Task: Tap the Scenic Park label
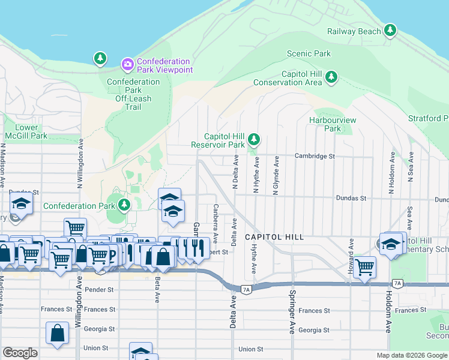309,54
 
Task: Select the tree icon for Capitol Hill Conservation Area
331,77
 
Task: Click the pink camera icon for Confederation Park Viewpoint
127,64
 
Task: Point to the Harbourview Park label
333,124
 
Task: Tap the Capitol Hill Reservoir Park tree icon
254,140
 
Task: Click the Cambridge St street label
315,156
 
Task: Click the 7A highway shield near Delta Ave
246,289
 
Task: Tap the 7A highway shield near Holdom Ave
397,283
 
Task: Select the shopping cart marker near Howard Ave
364,267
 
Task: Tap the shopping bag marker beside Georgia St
57,334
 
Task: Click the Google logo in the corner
20,353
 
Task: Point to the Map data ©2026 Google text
411,355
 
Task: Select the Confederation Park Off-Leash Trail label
133,94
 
